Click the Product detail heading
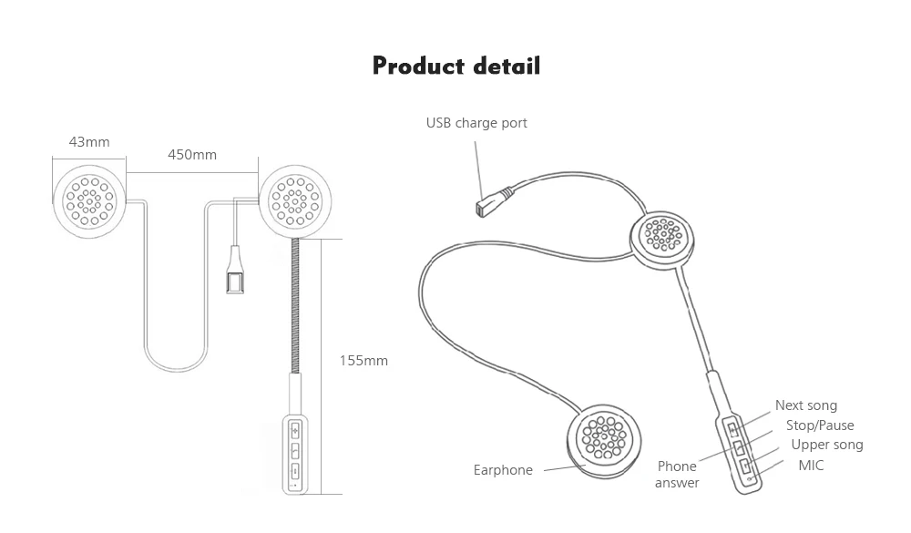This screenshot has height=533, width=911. tap(456, 66)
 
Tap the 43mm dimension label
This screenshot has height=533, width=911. tap(89, 142)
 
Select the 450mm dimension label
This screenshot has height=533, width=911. tap(191, 155)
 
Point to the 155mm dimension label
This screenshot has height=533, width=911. tap(363, 361)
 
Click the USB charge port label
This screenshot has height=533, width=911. tap(476, 123)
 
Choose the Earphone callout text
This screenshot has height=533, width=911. tap(503, 469)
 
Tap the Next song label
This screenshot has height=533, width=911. tap(806, 405)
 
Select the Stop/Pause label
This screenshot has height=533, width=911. tap(820, 425)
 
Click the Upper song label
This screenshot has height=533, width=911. tap(827, 445)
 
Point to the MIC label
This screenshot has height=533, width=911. tap(811, 465)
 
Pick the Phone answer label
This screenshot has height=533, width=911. tap(677, 475)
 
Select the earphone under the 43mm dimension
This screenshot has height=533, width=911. tap(89, 201)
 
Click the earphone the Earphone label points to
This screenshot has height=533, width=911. tap(604, 442)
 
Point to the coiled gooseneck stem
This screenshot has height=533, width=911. tap(295, 306)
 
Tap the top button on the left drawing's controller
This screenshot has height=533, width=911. tap(295, 431)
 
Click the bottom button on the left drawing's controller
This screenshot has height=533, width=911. tap(295, 470)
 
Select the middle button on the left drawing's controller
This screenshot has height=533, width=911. tap(295, 450)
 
